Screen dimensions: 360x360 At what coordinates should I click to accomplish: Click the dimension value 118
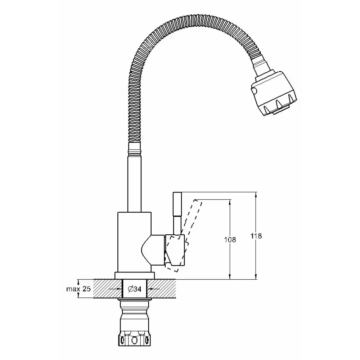256,236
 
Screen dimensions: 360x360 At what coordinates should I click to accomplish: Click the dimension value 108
230,240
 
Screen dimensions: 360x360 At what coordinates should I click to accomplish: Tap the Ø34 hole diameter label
134,289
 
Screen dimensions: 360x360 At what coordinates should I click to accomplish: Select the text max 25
78,289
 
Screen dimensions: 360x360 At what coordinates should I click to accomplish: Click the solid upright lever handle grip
177,204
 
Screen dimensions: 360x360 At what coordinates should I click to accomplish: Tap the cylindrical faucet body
134,242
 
